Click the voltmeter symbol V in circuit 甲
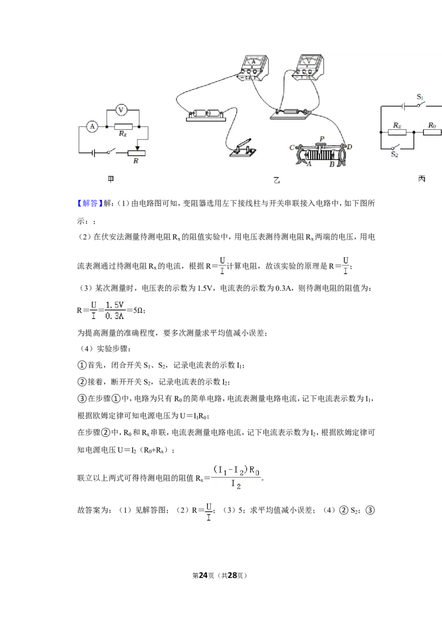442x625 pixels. point(121,110)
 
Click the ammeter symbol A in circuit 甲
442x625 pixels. point(93,127)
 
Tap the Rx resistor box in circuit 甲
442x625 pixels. point(123,127)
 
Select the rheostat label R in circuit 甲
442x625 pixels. point(135,161)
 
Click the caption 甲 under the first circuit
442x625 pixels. point(111,179)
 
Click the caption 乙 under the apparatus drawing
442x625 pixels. point(276,180)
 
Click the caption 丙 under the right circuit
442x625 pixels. point(422,179)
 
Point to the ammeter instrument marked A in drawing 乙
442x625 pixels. point(253,68)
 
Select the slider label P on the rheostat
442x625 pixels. point(322,139)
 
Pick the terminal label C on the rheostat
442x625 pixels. point(292,147)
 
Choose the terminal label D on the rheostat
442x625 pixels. point(349,147)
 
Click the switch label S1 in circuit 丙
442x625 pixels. point(420,97)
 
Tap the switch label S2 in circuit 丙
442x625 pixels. point(394,154)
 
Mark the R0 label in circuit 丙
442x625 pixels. point(432,125)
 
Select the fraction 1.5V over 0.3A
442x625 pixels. point(114,310)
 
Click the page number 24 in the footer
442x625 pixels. point(203,575)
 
